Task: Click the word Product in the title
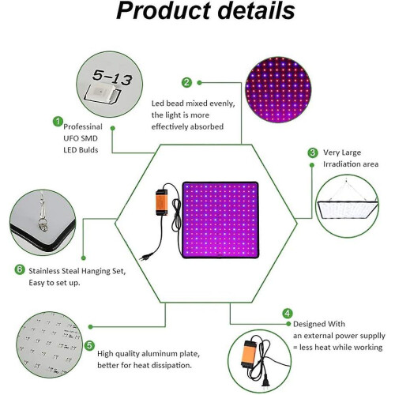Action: (x=163, y=10)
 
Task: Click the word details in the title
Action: (x=256, y=10)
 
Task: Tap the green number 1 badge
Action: (x=58, y=122)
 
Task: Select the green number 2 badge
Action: (x=186, y=82)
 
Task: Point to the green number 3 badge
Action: (x=313, y=152)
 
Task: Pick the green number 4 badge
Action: (x=288, y=314)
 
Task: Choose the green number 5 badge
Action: (x=89, y=345)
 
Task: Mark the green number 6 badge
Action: (x=20, y=269)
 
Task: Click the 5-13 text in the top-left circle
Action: (x=112, y=77)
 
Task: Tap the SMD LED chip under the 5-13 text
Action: (x=101, y=93)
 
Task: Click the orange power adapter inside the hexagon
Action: (x=162, y=202)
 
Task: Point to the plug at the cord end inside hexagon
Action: (x=145, y=257)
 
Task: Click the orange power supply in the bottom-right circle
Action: (x=248, y=354)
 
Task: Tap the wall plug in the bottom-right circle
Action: (x=265, y=384)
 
